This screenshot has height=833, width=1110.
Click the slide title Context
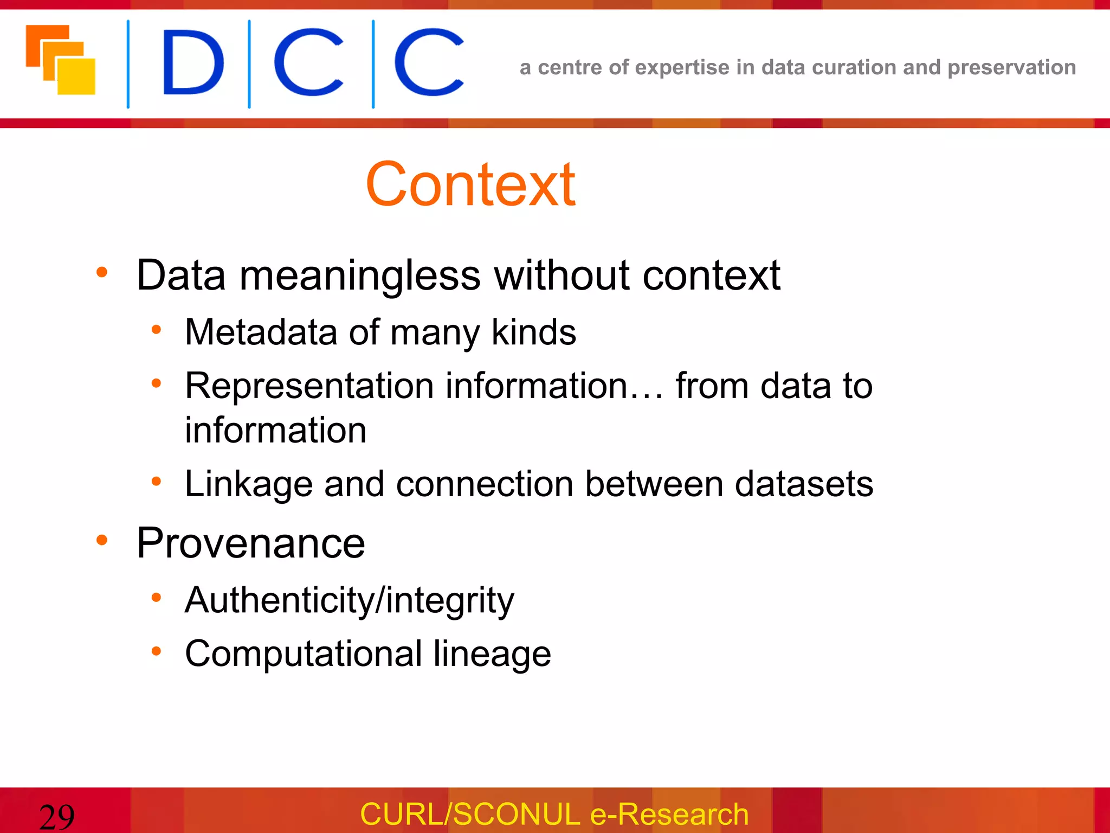coord(470,185)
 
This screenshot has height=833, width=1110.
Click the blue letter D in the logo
coord(193,62)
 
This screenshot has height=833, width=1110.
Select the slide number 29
coord(57,817)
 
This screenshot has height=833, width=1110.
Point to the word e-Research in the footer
coord(669,814)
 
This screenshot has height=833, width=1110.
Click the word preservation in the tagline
coord(1011,67)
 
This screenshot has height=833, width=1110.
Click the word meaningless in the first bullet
coord(359,275)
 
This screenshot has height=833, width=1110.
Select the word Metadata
coord(261,332)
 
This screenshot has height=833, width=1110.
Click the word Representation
coord(309,386)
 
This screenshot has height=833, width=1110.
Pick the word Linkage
coord(249,484)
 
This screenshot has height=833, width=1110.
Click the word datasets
coord(804,483)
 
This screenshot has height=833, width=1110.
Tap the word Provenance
coord(251,543)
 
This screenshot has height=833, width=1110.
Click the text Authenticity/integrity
coord(349,601)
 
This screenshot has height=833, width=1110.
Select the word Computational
coord(304,653)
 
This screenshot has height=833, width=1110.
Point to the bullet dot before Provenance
coord(102,540)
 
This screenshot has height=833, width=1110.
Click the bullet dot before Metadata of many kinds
coord(156,329)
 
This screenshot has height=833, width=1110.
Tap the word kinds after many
coord(533,332)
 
